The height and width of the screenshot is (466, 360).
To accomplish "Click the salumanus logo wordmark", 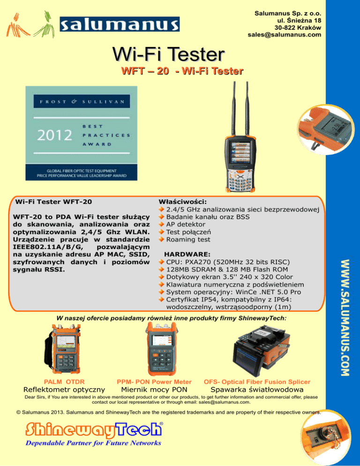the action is click(120, 24).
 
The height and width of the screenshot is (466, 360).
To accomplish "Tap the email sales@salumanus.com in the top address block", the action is click(285, 35).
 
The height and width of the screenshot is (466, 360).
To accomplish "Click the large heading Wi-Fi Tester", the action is click(168, 54).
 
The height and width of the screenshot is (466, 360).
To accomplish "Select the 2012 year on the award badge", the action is click(54, 135).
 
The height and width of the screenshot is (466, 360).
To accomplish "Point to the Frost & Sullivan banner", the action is click(82, 101).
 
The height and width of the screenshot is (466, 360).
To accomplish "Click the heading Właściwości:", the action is click(182, 202).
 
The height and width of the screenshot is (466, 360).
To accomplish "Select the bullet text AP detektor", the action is click(186, 225).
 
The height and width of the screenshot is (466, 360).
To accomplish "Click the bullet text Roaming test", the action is click(188, 240).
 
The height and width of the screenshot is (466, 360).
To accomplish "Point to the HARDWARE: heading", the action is click(187, 255).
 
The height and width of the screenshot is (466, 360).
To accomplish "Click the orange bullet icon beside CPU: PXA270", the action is click(161, 262).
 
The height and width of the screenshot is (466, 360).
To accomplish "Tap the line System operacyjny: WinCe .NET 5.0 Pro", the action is click(233, 292).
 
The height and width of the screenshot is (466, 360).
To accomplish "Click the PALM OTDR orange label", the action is click(64, 382).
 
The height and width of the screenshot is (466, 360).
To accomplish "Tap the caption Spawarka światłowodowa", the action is click(257, 390).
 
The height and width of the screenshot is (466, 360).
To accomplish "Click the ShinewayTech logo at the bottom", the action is click(94, 430).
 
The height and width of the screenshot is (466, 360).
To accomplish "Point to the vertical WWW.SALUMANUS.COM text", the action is click(345, 318).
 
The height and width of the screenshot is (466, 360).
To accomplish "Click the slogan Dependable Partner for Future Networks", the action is click(93, 443).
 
